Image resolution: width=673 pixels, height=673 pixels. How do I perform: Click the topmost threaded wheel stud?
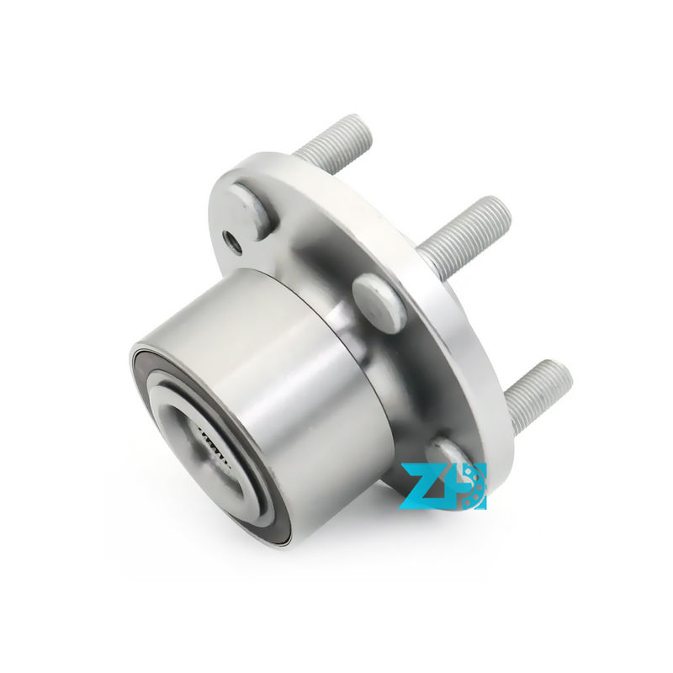coord(332,144)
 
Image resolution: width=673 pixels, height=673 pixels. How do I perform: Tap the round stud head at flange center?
coord(379,300)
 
